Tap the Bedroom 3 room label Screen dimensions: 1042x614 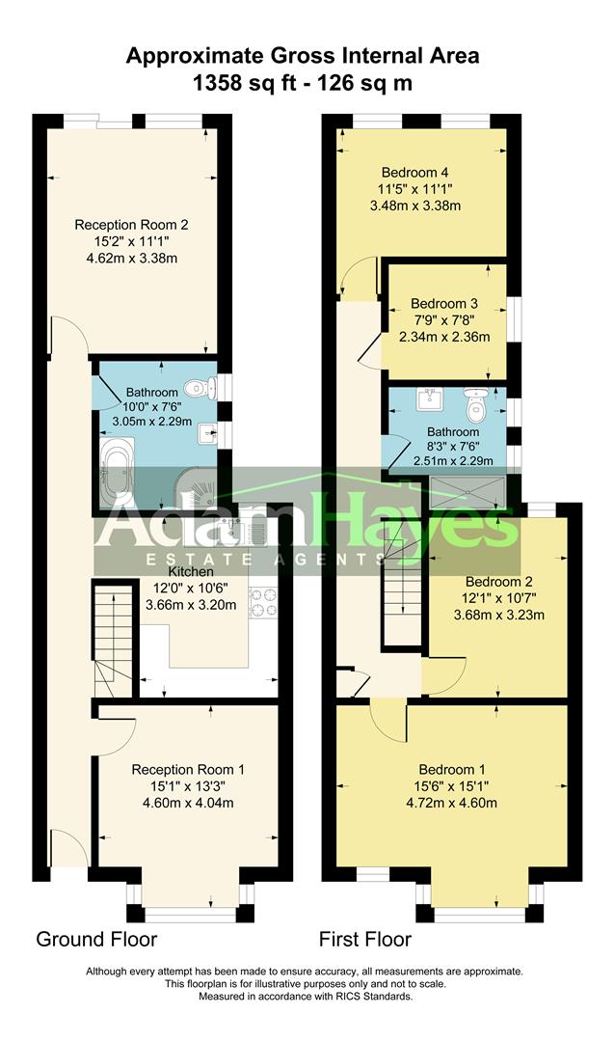tap(444, 302)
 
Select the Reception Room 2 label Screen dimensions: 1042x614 tap(131, 225)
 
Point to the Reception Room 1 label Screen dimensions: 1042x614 tap(188, 769)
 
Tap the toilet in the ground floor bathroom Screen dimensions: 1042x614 tap(199, 388)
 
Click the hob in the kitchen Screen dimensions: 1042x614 tap(262, 602)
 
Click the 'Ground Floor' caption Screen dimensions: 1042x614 tap(96, 939)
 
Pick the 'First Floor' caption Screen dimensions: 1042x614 tap(365, 939)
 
